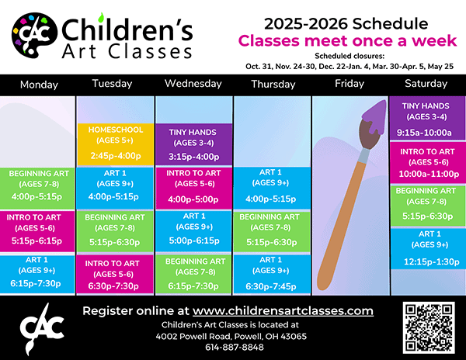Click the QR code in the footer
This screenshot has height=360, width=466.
pos(429,327)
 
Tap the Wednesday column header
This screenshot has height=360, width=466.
pos(193,84)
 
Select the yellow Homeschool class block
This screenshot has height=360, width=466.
pos(115,144)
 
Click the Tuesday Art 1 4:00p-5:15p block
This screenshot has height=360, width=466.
pos(115,189)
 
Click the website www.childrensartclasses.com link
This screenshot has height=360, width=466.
pos(283,311)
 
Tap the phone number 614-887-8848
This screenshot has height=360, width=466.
pos(235,348)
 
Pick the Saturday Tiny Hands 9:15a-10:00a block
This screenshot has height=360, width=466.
pos(426,118)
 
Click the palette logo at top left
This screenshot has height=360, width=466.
pos(34,35)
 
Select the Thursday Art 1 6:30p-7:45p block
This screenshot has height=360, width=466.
pos(272,274)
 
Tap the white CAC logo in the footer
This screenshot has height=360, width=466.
pos(42,328)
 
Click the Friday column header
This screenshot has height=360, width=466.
pos(349,83)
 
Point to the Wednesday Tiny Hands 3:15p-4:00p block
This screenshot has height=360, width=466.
pos(193,144)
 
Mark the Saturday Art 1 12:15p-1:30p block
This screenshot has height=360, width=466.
pos(428,248)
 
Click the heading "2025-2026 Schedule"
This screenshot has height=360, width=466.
pos(346,24)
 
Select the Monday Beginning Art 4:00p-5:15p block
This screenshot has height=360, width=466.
pos(37,189)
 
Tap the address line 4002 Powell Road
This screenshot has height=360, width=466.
pos(231,336)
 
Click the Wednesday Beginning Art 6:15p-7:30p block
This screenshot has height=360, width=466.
pos(193,274)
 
